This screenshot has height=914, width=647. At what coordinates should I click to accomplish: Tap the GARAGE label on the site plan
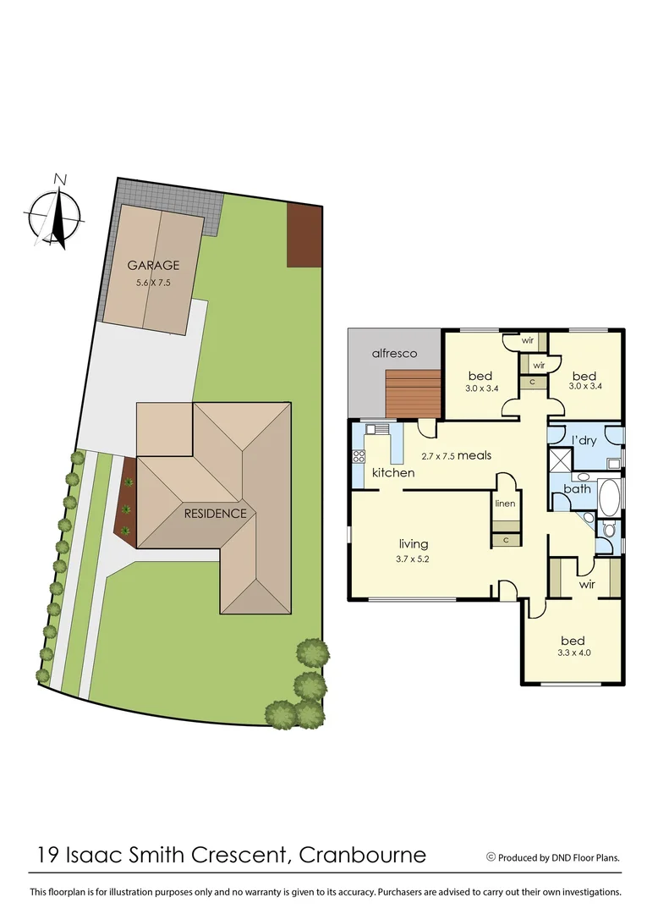point(153,266)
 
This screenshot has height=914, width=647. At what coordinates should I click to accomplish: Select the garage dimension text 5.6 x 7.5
point(153,283)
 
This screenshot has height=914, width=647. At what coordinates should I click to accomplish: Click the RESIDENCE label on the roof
point(217,513)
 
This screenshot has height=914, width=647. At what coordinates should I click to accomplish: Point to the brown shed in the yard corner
point(304,234)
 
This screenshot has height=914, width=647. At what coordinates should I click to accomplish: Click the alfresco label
point(395,354)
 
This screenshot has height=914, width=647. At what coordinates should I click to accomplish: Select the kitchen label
point(393,472)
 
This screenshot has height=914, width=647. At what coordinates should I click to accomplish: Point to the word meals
point(474,455)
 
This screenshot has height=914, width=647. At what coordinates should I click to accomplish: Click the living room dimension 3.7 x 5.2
point(413,559)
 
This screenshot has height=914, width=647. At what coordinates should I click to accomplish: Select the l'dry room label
point(585,440)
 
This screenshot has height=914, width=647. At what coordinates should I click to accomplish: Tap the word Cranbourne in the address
point(363,855)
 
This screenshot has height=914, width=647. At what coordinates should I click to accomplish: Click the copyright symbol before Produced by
point(491,856)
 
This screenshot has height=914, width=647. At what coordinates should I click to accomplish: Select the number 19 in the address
point(49,855)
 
